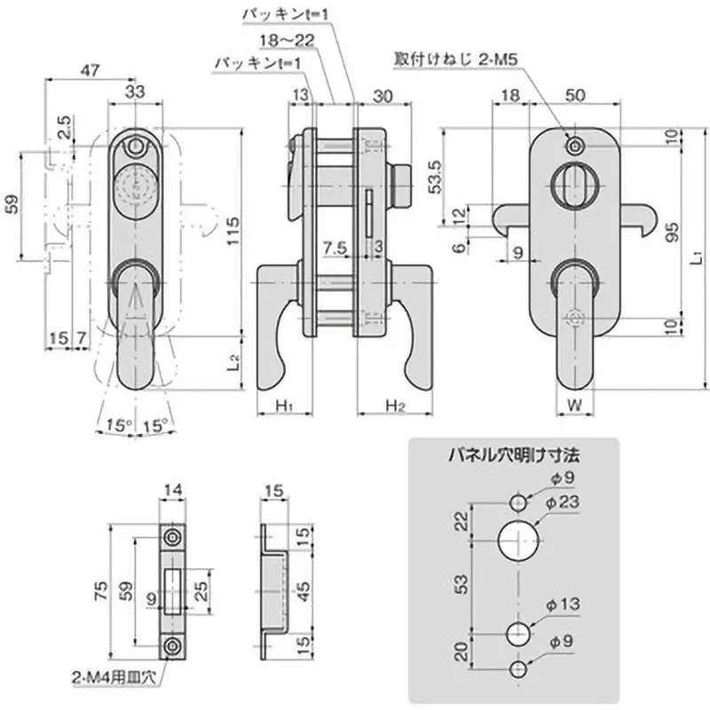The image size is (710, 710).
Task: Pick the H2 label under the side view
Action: point(395,405)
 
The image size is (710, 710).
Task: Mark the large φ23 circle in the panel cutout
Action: point(519,540)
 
